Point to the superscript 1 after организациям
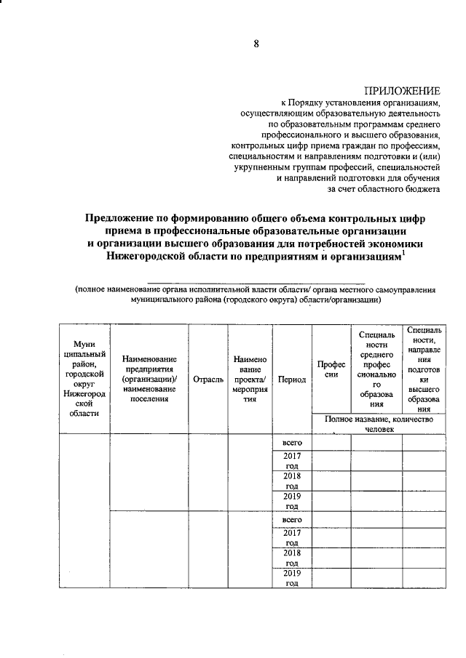[404, 252]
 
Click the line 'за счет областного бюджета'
[390, 189]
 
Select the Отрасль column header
[208, 379]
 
